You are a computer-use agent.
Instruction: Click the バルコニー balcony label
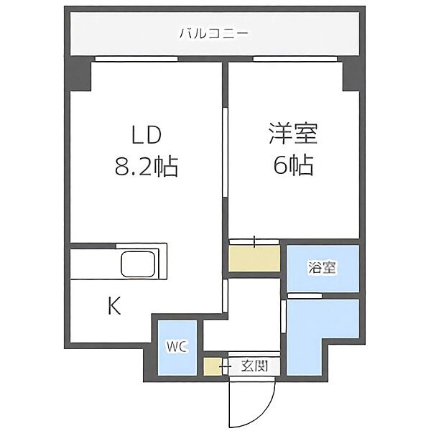point(214,34)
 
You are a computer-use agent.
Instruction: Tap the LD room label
point(147,135)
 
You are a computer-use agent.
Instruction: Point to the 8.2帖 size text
point(147,167)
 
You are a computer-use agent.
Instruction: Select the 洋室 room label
point(293,134)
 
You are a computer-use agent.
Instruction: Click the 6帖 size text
point(293,165)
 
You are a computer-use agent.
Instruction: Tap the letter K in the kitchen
point(114,306)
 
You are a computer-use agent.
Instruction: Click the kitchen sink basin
point(138,264)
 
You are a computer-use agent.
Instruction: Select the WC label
point(177,347)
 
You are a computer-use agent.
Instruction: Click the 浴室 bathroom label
point(323,268)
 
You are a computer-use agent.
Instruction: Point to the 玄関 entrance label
point(254,366)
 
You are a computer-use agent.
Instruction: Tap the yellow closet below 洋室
point(254,259)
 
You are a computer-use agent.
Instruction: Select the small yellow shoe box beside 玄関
point(212,366)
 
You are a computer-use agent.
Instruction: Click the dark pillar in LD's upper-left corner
point(80,74)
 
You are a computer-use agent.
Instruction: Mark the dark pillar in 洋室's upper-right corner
point(351,74)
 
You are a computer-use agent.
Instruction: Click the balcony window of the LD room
point(136,59)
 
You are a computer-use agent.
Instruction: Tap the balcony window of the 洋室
point(295,59)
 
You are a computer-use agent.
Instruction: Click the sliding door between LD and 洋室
point(225,152)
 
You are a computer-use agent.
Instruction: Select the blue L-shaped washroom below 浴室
point(323,337)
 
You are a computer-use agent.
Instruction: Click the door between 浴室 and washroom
point(305,296)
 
